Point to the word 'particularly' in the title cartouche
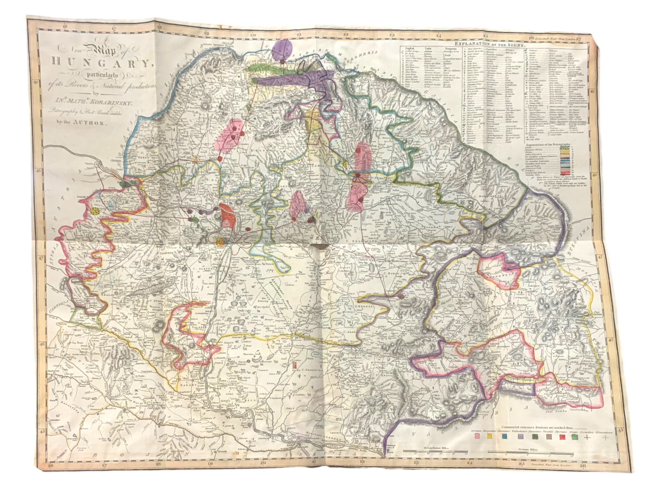pyautogui.click(x=101, y=75)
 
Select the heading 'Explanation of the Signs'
pyautogui.click(x=489, y=45)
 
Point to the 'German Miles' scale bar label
pyautogui.click(x=530, y=458)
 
